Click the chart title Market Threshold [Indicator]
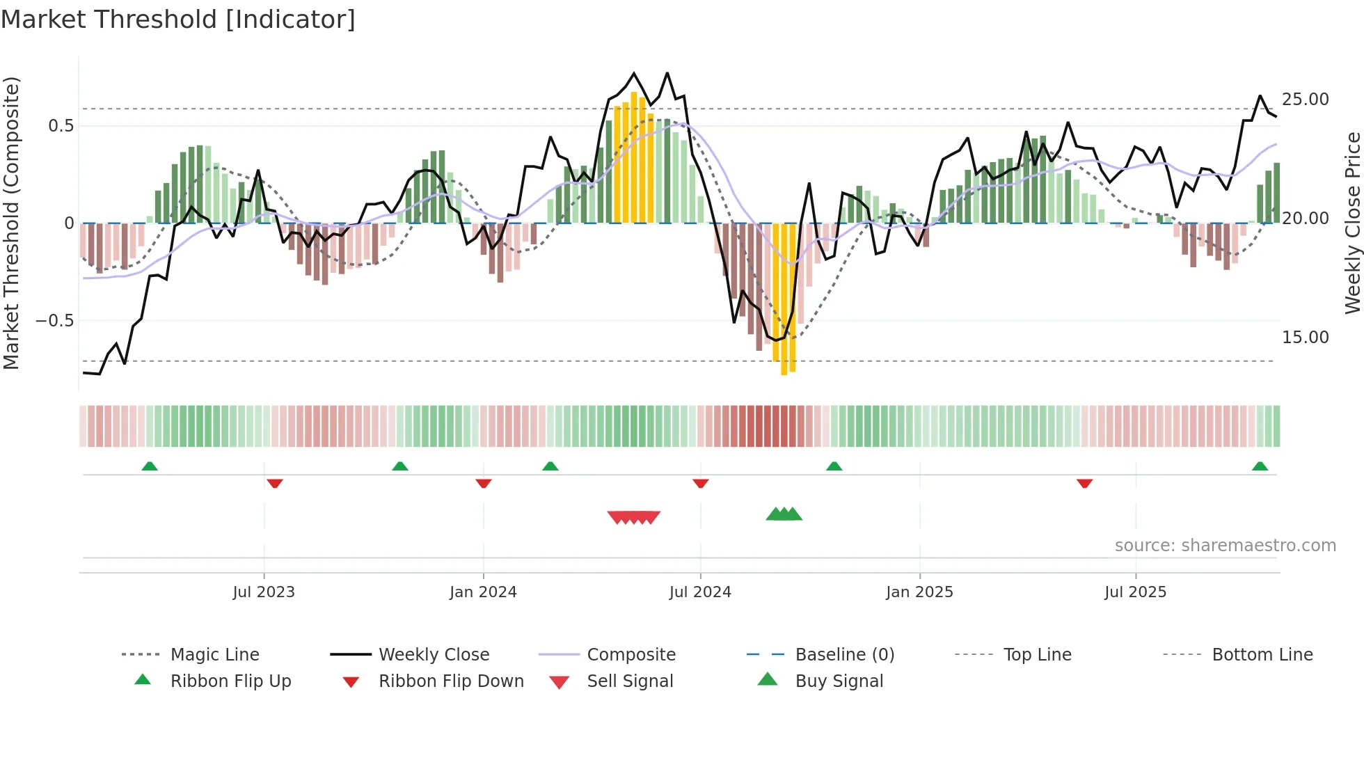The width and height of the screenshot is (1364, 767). [178, 19]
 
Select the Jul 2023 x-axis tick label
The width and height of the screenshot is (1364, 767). [264, 592]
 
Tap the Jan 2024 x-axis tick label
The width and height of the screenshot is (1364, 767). [483, 592]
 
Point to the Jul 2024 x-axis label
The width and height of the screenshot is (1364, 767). [700, 592]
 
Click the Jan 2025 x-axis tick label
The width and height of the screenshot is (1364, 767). [919, 592]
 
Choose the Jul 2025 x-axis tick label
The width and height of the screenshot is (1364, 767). [1135, 592]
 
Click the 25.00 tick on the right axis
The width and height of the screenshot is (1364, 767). [1306, 100]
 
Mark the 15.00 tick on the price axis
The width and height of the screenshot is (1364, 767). [1306, 338]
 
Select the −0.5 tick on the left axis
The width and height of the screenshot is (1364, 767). [54, 321]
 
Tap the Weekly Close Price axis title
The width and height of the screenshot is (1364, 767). [1352, 223]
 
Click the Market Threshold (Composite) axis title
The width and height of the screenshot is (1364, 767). [11, 223]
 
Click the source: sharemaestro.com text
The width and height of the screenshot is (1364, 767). [1225, 546]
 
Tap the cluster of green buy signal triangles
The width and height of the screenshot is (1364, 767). [784, 514]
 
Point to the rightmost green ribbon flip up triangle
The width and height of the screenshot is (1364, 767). [1260, 466]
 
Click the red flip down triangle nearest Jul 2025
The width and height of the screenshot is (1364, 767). [1084, 483]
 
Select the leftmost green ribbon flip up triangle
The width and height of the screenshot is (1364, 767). [150, 466]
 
